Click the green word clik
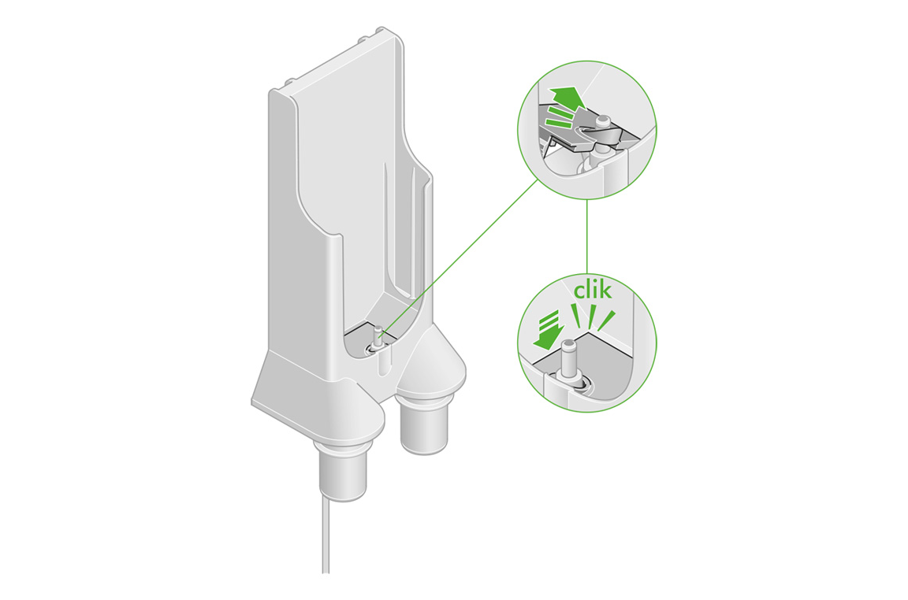593,291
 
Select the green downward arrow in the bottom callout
545,331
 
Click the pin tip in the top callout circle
603,120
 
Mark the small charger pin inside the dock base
376,337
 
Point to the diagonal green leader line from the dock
465,252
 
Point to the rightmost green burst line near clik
609,320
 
